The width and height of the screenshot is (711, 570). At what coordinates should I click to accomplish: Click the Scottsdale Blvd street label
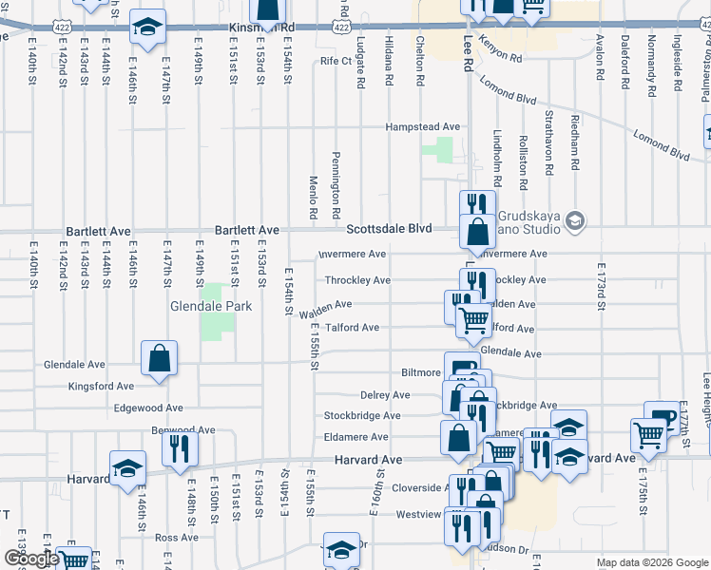tap(389, 229)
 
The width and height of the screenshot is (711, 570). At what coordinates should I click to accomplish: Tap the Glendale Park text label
tap(210, 307)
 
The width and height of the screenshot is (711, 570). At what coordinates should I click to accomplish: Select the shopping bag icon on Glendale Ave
tap(160, 358)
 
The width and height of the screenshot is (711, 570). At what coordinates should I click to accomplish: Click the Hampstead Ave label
tap(422, 126)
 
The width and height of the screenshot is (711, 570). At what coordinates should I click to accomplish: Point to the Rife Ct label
tap(336, 61)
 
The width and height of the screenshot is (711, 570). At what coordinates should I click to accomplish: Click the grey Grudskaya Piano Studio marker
tap(574, 221)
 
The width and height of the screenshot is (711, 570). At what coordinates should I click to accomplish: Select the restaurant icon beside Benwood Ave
tap(179, 449)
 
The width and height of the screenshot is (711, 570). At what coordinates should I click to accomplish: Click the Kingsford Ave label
tap(102, 387)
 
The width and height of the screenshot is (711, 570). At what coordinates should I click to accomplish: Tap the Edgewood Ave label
tap(147, 408)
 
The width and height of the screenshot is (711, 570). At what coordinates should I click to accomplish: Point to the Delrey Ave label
tap(385, 395)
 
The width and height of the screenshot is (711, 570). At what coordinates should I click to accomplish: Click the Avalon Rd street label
tap(599, 58)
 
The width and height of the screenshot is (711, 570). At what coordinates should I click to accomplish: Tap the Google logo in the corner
tap(31, 559)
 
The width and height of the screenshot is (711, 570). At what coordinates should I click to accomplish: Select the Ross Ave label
tap(176, 537)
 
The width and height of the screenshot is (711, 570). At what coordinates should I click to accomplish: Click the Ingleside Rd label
tap(677, 63)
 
